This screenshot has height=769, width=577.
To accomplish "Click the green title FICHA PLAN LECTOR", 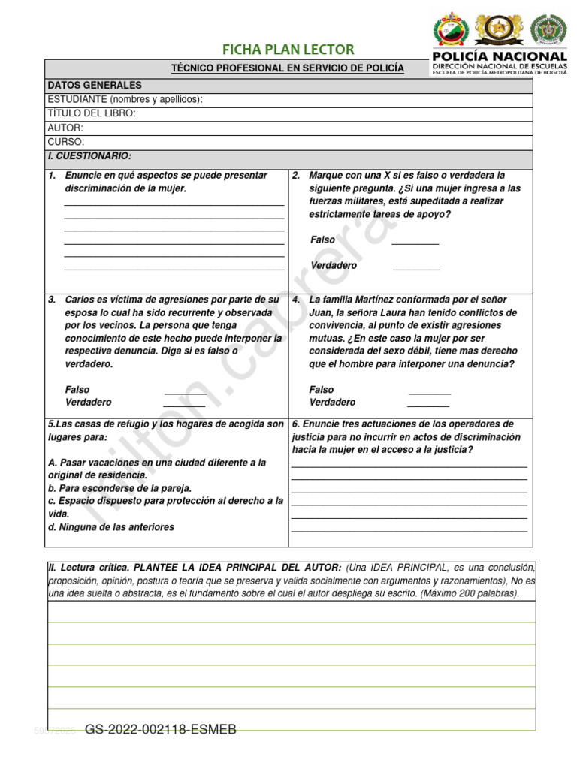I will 288,50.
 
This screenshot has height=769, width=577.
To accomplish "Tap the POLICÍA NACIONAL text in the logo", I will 499,56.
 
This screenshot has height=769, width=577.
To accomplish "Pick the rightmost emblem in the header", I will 548,29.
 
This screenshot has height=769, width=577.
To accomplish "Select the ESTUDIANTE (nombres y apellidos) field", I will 125,100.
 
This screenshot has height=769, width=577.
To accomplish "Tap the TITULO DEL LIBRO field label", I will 92,113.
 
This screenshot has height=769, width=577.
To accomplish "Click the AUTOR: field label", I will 65,128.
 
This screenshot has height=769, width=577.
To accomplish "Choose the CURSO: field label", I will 66,142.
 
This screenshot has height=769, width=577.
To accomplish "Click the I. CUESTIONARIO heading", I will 89,156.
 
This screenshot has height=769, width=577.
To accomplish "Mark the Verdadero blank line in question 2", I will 416,267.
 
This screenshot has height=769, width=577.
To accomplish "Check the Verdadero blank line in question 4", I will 428,404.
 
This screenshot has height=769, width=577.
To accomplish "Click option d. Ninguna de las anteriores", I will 110,527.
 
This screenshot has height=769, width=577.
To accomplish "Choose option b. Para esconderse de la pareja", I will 119,488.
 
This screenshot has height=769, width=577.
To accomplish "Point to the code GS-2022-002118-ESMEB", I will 161,730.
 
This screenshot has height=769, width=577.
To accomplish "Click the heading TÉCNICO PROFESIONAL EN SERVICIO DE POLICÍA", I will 288,68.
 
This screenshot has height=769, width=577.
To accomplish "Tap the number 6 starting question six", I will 296,424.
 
